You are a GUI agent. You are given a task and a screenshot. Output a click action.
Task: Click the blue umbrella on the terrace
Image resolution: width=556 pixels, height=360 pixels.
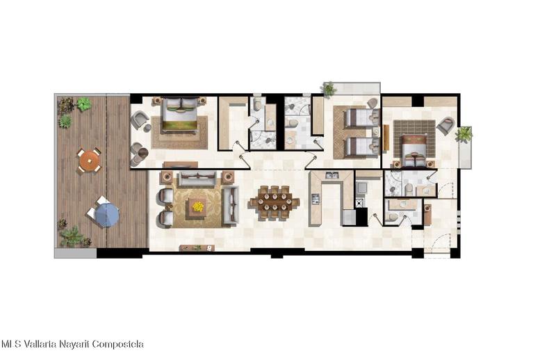click(x=108, y=215)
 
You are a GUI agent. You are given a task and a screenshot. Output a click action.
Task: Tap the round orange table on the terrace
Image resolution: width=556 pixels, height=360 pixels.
click(x=89, y=161)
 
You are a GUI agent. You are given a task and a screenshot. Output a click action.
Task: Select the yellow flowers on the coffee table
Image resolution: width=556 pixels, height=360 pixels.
click(x=198, y=206)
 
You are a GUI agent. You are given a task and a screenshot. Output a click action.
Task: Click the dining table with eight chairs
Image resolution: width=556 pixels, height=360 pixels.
click(x=275, y=203)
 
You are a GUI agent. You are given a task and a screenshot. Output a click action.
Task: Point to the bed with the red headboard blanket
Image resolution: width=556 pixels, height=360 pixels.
click(x=415, y=152)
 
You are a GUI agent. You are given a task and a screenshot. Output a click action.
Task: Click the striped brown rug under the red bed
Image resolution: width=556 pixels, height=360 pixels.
click(x=414, y=138)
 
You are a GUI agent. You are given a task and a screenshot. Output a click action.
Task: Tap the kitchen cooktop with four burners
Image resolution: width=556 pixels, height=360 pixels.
click(x=316, y=199)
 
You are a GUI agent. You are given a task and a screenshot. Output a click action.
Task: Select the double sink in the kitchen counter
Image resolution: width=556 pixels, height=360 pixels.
click(x=332, y=174)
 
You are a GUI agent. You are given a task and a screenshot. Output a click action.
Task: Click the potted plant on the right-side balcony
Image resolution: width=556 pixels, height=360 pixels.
click(x=464, y=134)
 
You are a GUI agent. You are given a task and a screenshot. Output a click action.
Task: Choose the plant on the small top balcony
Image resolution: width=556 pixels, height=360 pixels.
click(x=329, y=89)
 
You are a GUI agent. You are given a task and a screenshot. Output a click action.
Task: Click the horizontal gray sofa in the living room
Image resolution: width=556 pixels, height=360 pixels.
click(x=197, y=179)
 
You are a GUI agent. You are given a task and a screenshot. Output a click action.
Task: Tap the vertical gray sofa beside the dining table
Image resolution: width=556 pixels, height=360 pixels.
click(x=231, y=206)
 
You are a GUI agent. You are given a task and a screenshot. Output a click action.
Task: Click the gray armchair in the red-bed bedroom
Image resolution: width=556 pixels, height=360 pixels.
click(x=445, y=126)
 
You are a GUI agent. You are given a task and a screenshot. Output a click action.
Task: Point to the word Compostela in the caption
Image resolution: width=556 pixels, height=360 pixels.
click(x=120, y=344)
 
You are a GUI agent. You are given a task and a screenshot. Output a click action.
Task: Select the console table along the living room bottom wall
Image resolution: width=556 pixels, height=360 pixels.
click(x=197, y=248)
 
